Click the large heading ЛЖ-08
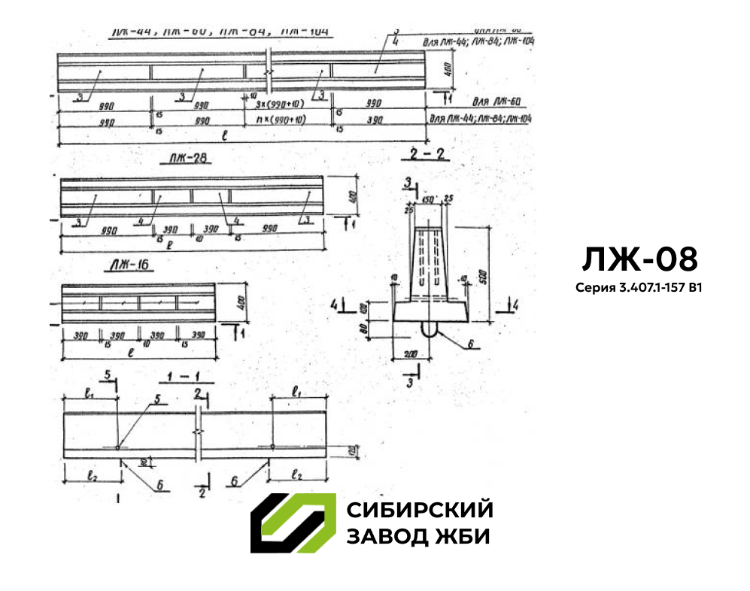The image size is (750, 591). click(x=639, y=259)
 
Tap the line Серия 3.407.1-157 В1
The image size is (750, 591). click(x=639, y=287)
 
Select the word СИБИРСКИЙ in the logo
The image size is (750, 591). click(x=420, y=510)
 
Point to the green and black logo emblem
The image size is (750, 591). click(x=293, y=523)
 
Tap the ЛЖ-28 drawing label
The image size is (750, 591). click(x=184, y=159)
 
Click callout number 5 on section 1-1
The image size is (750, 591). click(x=159, y=399)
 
